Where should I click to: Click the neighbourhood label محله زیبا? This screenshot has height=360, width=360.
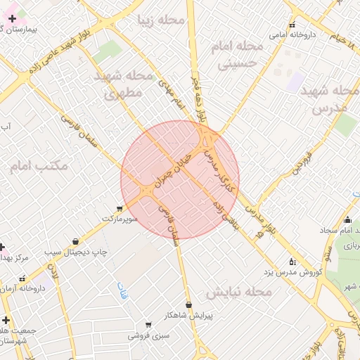162,20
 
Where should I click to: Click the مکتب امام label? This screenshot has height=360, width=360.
39,167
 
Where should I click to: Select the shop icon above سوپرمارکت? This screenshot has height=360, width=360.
119,209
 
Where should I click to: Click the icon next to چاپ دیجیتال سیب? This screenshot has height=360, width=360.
75,241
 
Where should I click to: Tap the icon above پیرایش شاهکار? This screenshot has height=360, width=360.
188,304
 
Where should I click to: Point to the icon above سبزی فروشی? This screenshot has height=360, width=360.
148,325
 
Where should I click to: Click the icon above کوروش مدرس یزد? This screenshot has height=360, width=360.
292,261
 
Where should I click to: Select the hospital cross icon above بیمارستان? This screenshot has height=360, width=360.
12,18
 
